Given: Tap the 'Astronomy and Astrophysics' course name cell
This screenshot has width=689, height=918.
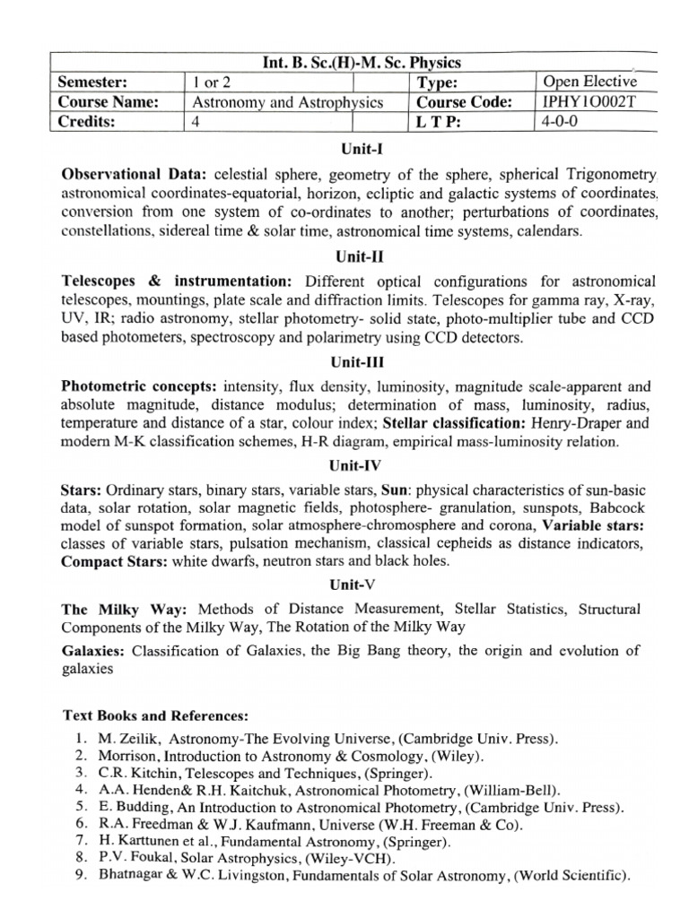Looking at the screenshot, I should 288,102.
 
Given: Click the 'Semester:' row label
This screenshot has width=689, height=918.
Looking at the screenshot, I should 93,82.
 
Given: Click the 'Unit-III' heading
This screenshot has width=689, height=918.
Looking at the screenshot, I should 357,364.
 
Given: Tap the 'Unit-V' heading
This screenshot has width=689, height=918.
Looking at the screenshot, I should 357,584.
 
